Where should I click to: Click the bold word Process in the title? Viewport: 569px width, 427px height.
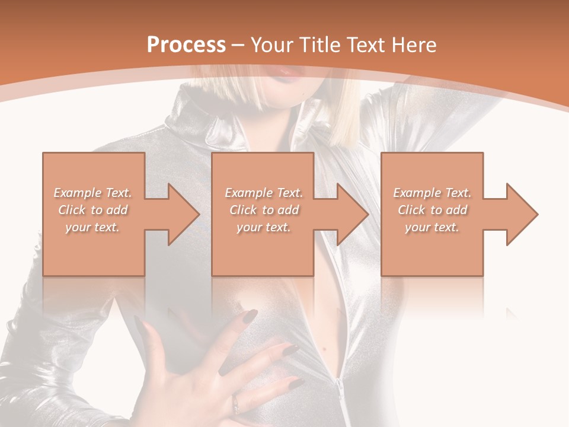(x=186, y=44)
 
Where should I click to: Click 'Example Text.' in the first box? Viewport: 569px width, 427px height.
(x=93, y=193)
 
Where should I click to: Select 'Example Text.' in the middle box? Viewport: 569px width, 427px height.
(x=264, y=193)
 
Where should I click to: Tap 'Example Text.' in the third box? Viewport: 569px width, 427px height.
(x=432, y=193)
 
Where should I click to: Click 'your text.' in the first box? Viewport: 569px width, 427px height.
(x=93, y=227)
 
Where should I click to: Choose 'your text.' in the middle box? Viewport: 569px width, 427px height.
(x=264, y=227)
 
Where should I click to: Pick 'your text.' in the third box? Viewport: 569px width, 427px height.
(x=432, y=227)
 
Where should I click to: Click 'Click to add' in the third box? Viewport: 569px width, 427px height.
(x=432, y=210)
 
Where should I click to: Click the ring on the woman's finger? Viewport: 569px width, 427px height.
(x=236, y=404)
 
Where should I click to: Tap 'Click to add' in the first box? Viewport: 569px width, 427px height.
(x=93, y=210)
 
